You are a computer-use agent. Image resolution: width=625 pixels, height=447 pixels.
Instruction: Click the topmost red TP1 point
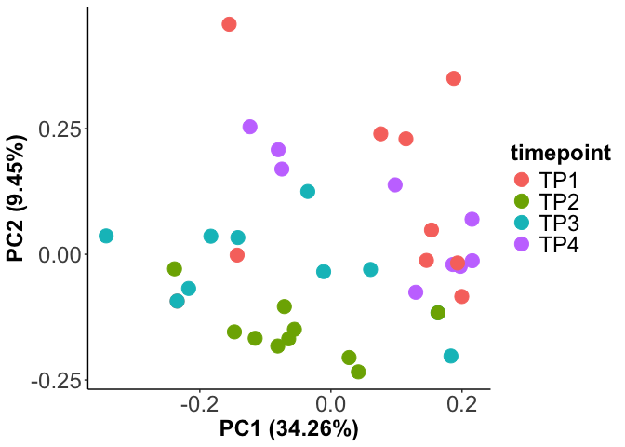(229, 24)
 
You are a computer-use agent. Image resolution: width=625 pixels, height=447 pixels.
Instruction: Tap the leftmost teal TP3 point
(106, 237)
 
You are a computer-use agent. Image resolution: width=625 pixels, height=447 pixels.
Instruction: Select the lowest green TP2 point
(358, 372)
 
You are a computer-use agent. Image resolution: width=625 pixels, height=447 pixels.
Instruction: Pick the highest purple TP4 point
(249, 127)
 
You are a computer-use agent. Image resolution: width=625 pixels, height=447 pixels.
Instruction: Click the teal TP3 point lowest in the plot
(451, 356)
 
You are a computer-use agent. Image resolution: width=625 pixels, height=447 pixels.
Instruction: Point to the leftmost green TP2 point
(174, 269)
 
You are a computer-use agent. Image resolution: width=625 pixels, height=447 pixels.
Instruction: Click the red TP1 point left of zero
(237, 255)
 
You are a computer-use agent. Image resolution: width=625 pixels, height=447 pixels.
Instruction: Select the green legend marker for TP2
(521, 201)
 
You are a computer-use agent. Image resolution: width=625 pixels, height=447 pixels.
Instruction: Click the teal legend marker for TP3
(521, 223)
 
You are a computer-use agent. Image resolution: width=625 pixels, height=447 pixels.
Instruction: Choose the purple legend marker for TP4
(521, 246)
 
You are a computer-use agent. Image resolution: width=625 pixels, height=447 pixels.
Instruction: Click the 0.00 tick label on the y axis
(58, 254)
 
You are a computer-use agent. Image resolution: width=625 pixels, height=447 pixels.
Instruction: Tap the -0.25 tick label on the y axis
(54, 381)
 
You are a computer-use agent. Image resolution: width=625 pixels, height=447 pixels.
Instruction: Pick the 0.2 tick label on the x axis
(461, 405)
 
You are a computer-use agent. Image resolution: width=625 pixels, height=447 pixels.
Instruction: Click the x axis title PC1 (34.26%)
(288, 429)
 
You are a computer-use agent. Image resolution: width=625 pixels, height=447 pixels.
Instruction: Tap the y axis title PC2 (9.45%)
(17, 197)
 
